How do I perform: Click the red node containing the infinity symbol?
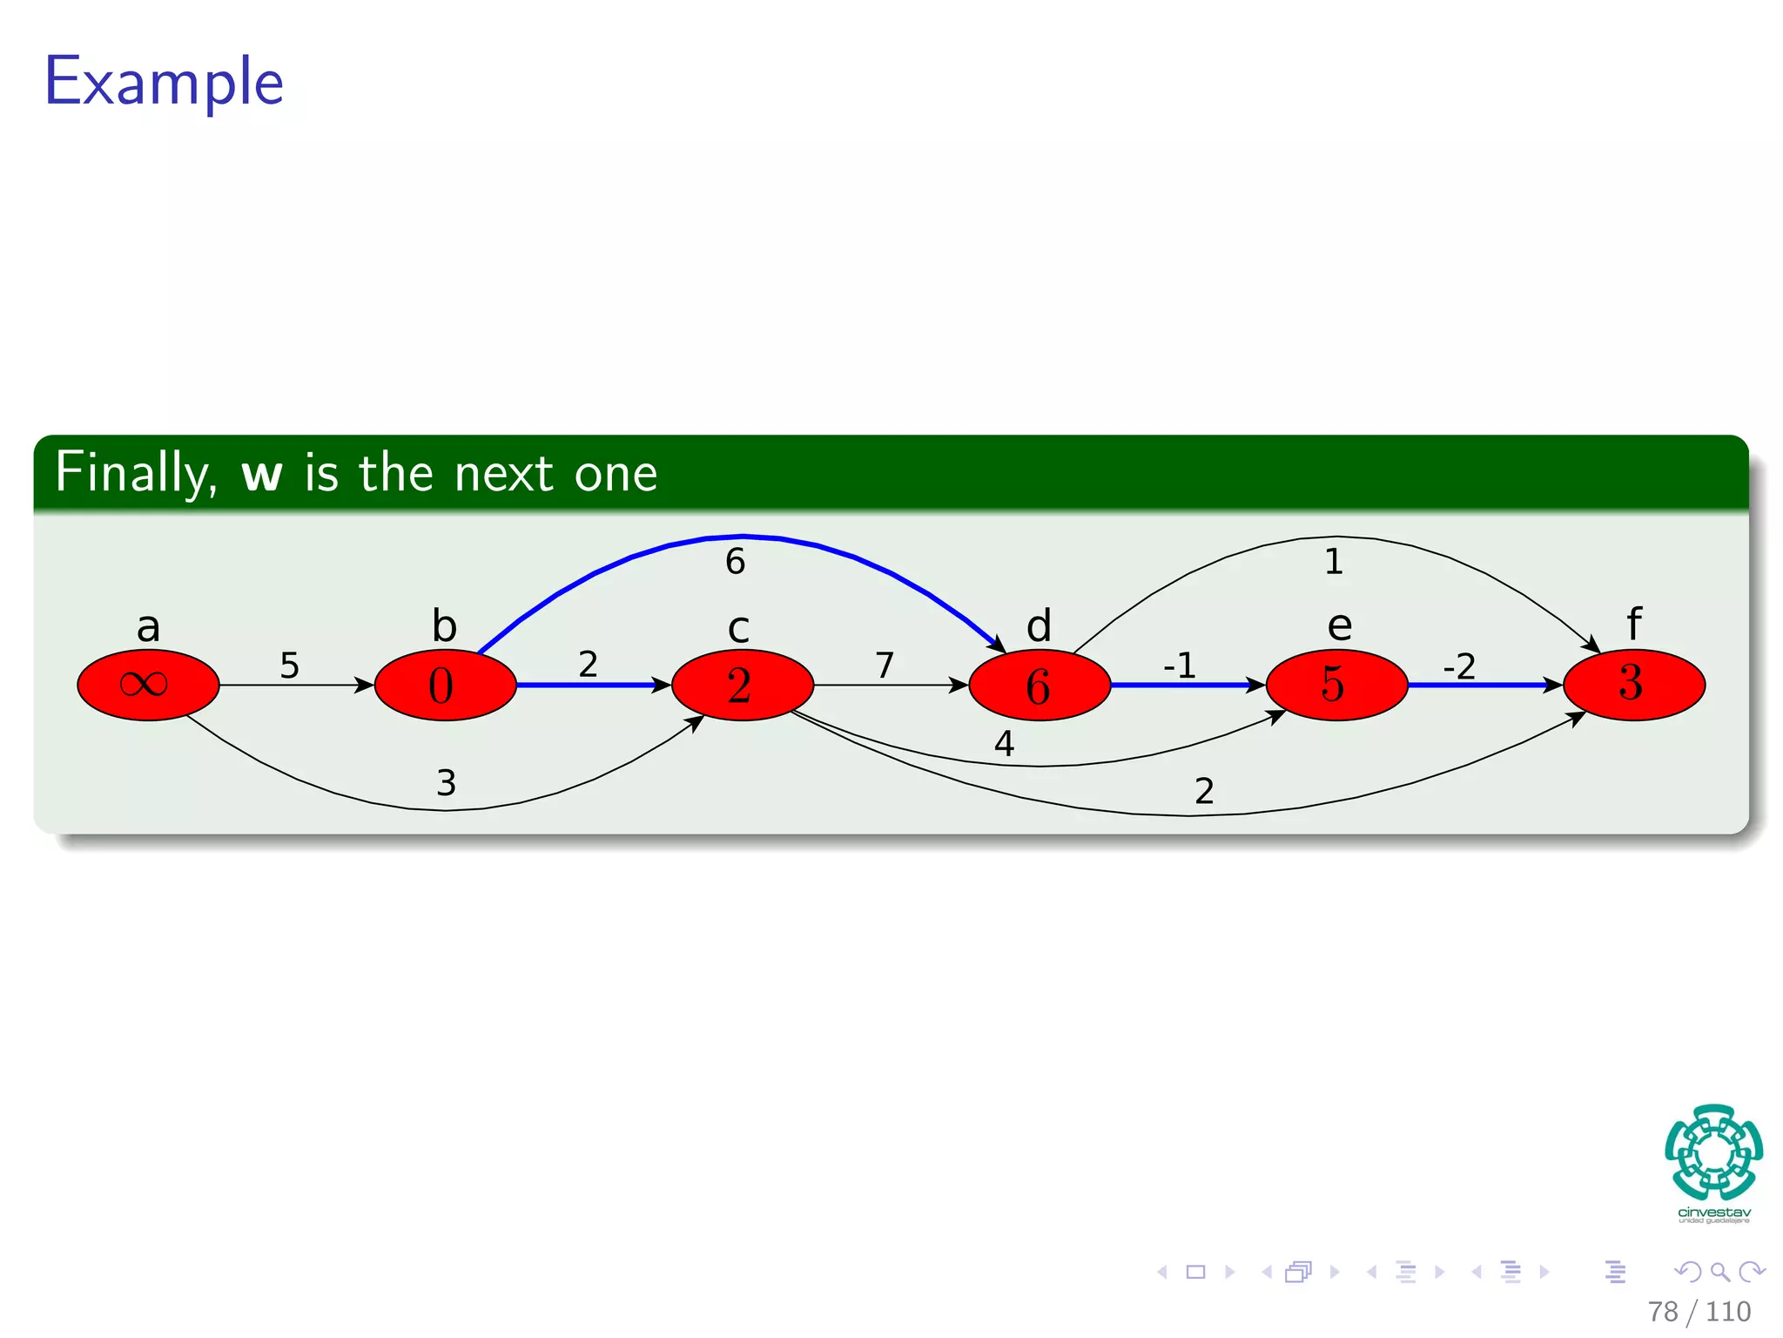pyautogui.click(x=148, y=685)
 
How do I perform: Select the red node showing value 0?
pyautogui.click(x=445, y=685)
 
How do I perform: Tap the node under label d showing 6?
pyautogui.click(x=1040, y=685)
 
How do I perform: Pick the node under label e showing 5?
pyautogui.click(x=1336, y=685)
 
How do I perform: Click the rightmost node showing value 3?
pyautogui.click(x=1633, y=685)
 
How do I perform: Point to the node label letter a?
pyautogui.click(x=149, y=627)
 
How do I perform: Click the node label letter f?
pyautogui.click(x=1634, y=625)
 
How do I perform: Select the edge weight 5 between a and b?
pyautogui.click(x=289, y=666)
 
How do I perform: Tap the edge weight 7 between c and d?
pyautogui.click(x=885, y=666)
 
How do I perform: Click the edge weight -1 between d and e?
pyautogui.click(x=1180, y=666)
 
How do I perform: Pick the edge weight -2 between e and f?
pyautogui.click(x=1459, y=667)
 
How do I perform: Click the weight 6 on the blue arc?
pyautogui.click(x=735, y=562)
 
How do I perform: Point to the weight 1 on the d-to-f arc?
pyautogui.click(x=1334, y=562)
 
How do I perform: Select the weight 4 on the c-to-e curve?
pyautogui.click(x=1004, y=744)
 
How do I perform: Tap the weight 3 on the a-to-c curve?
pyautogui.click(x=446, y=783)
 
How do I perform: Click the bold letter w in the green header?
pyautogui.click(x=262, y=474)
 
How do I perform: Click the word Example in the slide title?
pyautogui.click(x=165, y=81)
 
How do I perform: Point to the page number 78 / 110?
pyautogui.click(x=1699, y=1311)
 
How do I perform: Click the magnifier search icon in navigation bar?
pyautogui.click(x=1719, y=1272)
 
